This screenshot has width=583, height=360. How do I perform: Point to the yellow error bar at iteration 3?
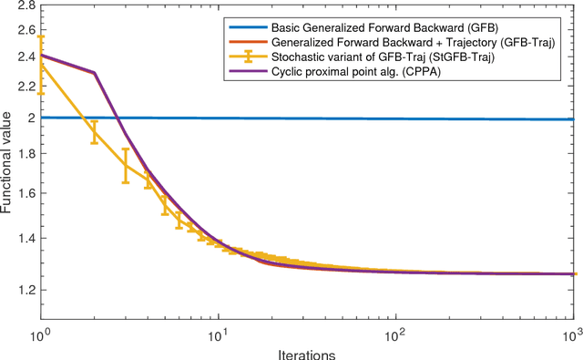click(126, 165)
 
